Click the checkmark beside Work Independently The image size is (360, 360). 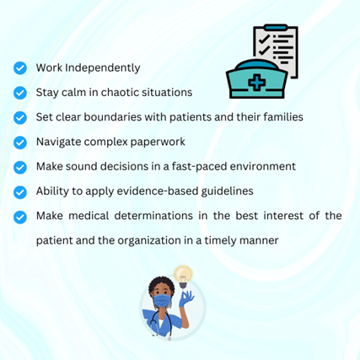20,68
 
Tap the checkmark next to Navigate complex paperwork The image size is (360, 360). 20,142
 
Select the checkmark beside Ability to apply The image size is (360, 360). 20,192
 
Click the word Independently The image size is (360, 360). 103,68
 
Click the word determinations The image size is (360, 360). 153,216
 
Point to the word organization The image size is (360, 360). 149,241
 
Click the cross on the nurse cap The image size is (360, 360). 257,82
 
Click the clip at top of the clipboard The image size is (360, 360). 276,27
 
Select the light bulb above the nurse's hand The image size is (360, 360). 183,276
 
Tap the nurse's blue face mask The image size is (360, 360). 161,301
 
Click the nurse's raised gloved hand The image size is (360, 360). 186,298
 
